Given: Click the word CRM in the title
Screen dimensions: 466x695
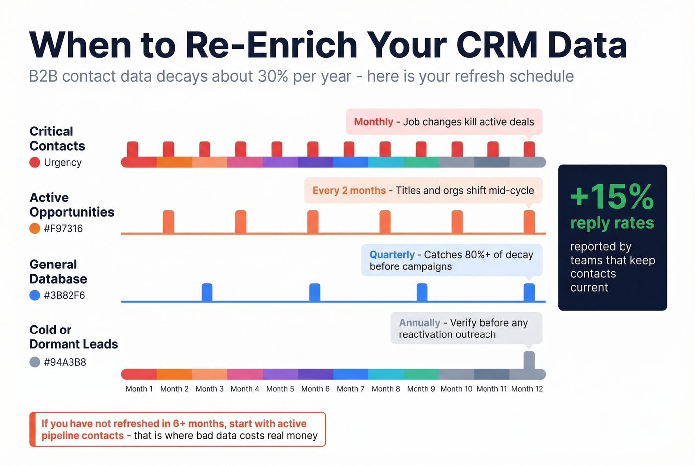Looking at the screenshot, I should tap(496, 45).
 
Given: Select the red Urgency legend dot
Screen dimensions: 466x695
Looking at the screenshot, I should tap(34, 162).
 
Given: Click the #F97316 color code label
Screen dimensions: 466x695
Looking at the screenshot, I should tap(63, 229).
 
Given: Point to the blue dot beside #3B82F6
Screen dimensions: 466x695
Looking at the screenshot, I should tap(34, 295).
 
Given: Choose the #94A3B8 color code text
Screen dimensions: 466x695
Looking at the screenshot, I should tap(65, 362).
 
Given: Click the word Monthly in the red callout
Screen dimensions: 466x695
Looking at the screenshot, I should tap(373, 122).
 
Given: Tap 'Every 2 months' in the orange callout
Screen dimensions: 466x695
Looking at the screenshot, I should tap(348, 190).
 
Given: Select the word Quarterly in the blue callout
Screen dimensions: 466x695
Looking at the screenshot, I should tap(392, 255).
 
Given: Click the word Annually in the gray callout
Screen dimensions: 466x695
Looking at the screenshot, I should tap(419, 323).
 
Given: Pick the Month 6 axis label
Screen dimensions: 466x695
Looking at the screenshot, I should tap(315, 389).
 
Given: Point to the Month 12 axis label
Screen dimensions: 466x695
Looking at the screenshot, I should tap(527, 389).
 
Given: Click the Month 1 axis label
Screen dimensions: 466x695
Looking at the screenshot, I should tap(139, 389).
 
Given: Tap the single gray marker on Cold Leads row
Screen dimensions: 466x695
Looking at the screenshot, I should tap(529, 360).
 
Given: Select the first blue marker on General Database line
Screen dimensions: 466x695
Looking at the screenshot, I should tap(207, 292).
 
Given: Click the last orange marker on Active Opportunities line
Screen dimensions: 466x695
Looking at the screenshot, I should tap(529, 221).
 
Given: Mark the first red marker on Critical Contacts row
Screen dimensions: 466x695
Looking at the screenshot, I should tap(132, 149).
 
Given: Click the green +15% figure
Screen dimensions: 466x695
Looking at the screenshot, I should tap(612, 197).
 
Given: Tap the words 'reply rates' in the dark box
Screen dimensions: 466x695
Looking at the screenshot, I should tap(612, 223).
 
